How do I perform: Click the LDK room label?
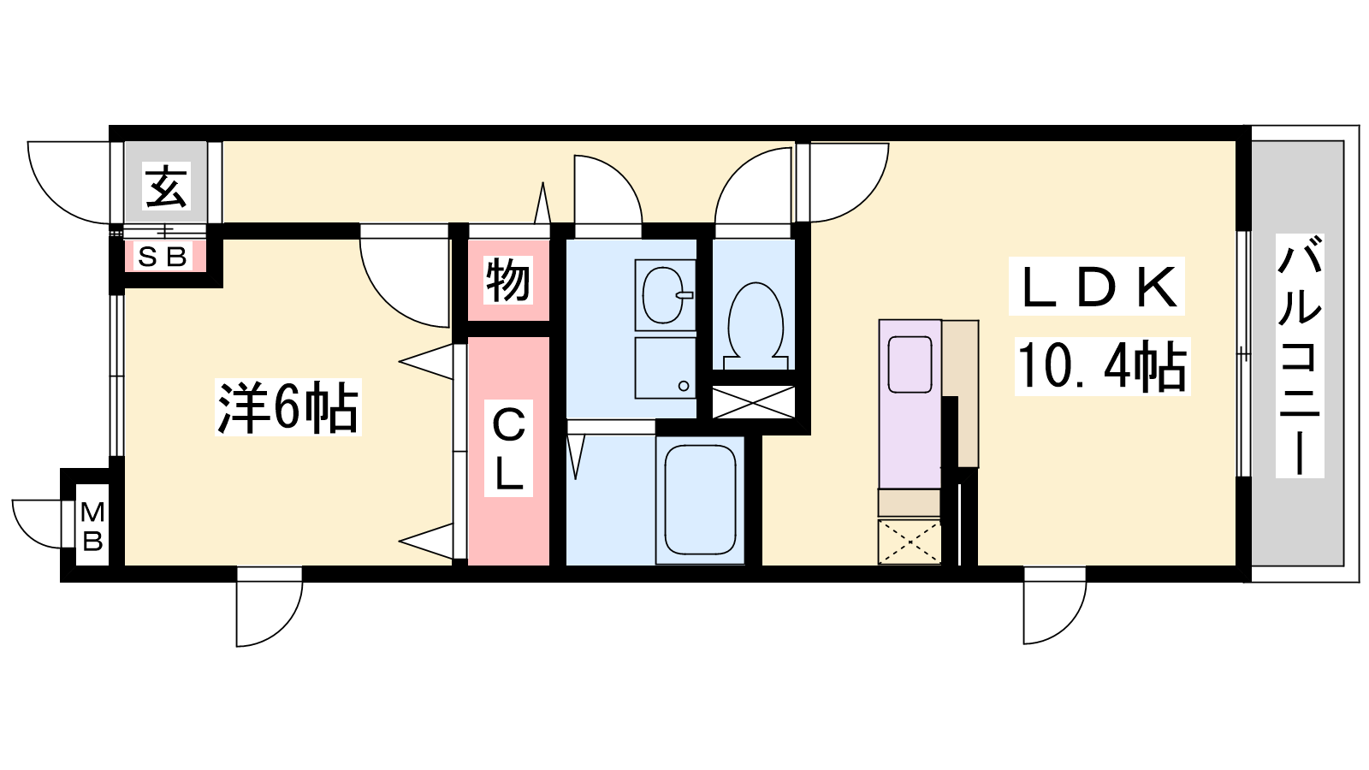tap(1096, 287)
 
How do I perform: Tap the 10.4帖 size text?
tap(1102, 365)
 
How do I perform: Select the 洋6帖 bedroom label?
tap(287, 407)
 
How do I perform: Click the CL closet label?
tap(508, 449)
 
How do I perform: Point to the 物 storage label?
tap(508, 281)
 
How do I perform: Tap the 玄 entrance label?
tap(166, 187)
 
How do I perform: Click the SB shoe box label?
tap(162, 257)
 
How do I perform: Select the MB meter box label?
tap(92, 526)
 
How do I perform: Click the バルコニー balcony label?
tap(1300, 356)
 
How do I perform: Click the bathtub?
tap(700, 500)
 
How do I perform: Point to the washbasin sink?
tap(665, 295)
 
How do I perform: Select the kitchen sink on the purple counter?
tap(910, 364)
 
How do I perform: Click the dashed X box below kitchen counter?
tap(910, 542)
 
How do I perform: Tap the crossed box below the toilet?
tap(754, 402)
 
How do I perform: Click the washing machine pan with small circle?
tap(665, 368)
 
